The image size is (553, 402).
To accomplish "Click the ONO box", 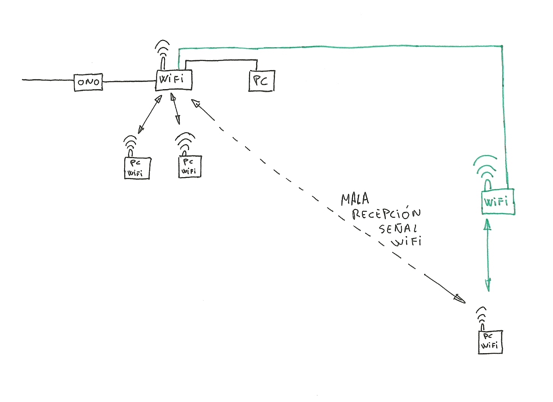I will click(x=88, y=82).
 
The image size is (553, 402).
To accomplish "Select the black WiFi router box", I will click(x=173, y=80).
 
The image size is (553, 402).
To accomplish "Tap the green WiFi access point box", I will click(x=498, y=202).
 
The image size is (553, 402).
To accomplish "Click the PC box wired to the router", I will click(x=261, y=81).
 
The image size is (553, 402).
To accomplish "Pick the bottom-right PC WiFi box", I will click(x=490, y=342).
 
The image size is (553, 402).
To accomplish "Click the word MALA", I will click(x=355, y=199).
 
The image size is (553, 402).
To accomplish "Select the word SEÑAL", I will click(x=398, y=228).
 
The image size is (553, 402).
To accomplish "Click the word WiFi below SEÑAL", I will click(x=407, y=241).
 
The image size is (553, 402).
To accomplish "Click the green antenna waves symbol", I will click(x=486, y=168).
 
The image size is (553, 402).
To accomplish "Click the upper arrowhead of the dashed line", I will click(x=196, y=103).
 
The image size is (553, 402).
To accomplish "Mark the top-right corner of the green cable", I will click(x=502, y=47).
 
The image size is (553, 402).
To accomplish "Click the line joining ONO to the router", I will click(x=130, y=81).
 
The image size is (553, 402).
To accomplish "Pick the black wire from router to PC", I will click(x=221, y=60).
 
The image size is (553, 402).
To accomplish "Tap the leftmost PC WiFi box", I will click(x=137, y=168).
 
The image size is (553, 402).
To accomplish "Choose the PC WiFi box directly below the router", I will click(x=189, y=167).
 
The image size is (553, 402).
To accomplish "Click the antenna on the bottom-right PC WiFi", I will click(x=482, y=318).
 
